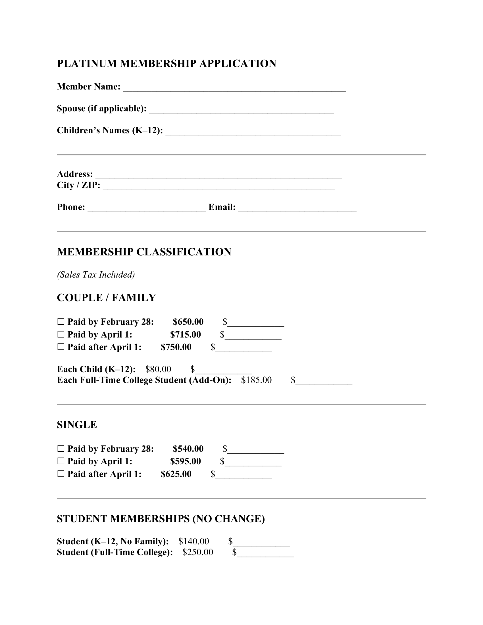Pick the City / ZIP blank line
click(218, 187)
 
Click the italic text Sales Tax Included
click(96, 275)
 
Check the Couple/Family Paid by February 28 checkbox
click(61, 322)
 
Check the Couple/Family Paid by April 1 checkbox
click(61, 334)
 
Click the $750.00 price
click(176, 347)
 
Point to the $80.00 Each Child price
click(158, 369)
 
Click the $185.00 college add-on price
click(256, 380)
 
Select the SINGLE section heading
click(77, 425)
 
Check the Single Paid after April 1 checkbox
click(61, 474)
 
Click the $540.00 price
click(188, 449)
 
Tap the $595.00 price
click(186, 461)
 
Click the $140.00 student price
click(194, 541)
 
